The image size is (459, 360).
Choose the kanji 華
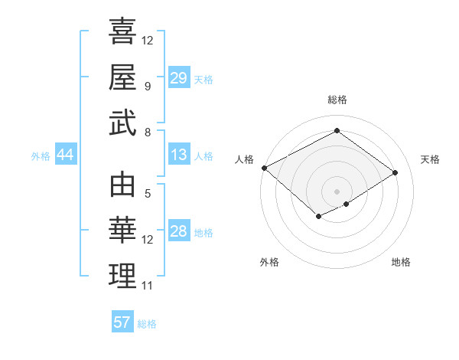coord(122,231)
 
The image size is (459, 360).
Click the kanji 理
coord(122,277)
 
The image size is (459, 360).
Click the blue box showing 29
coord(178,78)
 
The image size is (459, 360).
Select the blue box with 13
coord(178,155)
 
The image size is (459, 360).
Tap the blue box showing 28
coord(178,231)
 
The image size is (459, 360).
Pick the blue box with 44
coord(65,155)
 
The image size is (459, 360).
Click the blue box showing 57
coord(122,322)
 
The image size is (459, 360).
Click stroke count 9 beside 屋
coord(147,86)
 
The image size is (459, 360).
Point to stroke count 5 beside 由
coord(147,194)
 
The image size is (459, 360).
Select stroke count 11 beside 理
coord(148,286)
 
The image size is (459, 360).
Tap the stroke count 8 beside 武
coord(147,132)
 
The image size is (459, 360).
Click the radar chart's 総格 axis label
coord(337,100)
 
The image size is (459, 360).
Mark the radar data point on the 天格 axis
coord(396,172)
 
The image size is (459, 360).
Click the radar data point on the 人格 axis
coord(264,168)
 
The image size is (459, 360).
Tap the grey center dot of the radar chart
coord(337,190)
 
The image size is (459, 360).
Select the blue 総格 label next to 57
coord(147,323)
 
